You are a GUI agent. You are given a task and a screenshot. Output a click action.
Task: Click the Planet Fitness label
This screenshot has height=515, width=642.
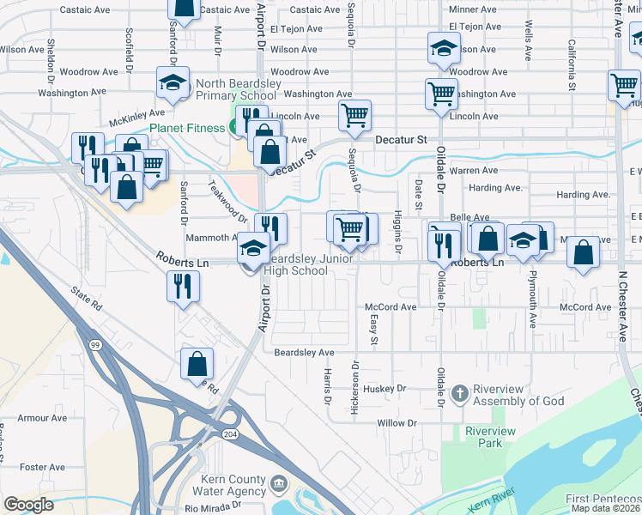click(188, 129)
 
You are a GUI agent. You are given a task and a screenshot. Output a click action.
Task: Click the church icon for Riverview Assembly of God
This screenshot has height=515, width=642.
click(460, 392)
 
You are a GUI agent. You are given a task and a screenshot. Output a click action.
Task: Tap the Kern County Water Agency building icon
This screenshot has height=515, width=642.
click(278, 484)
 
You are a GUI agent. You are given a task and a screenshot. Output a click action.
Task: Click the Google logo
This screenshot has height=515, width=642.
click(28, 505)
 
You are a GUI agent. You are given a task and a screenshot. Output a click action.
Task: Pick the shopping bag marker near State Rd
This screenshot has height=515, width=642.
click(197, 364)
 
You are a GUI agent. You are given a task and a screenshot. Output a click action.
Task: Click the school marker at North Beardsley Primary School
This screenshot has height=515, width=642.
click(173, 83)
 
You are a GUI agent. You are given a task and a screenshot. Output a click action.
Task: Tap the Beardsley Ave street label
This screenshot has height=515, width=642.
click(304, 353)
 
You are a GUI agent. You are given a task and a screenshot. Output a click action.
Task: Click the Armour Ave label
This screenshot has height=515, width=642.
click(42, 418)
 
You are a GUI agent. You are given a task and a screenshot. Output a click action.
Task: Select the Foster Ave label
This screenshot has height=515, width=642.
click(42, 467)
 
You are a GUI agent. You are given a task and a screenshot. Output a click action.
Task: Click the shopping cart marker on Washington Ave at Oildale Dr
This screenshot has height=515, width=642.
click(440, 94)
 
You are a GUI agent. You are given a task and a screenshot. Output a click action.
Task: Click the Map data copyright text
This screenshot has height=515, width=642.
click(606, 509)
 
